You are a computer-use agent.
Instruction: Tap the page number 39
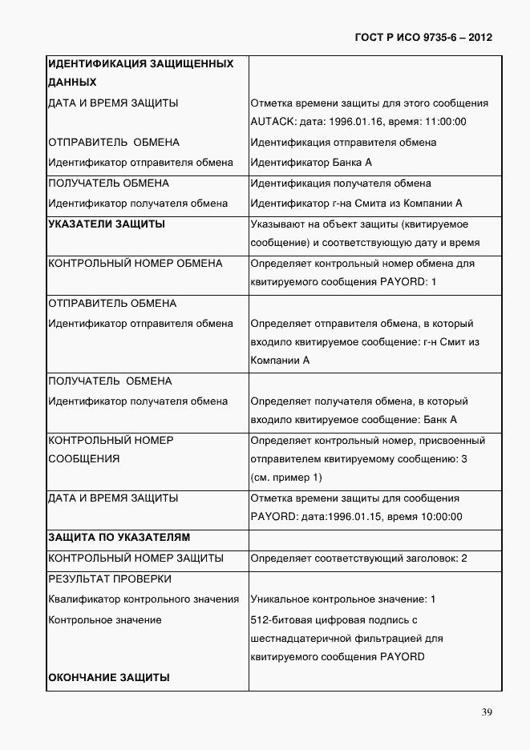click(487, 713)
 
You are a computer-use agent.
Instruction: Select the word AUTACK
click(270, 123)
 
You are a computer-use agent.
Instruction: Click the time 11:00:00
click(444, 123)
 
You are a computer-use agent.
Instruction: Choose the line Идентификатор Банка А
click(312, 162)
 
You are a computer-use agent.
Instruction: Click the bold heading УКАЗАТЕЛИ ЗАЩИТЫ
click(107, 224)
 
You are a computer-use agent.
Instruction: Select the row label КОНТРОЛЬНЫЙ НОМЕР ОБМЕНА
click(136, 264)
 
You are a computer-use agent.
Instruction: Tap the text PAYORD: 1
click(411, 283)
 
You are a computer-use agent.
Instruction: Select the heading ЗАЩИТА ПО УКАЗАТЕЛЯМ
click(119, 538)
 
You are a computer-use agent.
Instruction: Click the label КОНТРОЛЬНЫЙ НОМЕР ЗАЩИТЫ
click(136, 558)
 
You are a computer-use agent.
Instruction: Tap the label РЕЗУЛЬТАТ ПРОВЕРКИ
click(110, 579)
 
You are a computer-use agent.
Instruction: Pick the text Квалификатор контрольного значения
click(144, 599)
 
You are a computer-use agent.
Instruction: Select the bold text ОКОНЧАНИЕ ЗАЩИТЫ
click(109, 678)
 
